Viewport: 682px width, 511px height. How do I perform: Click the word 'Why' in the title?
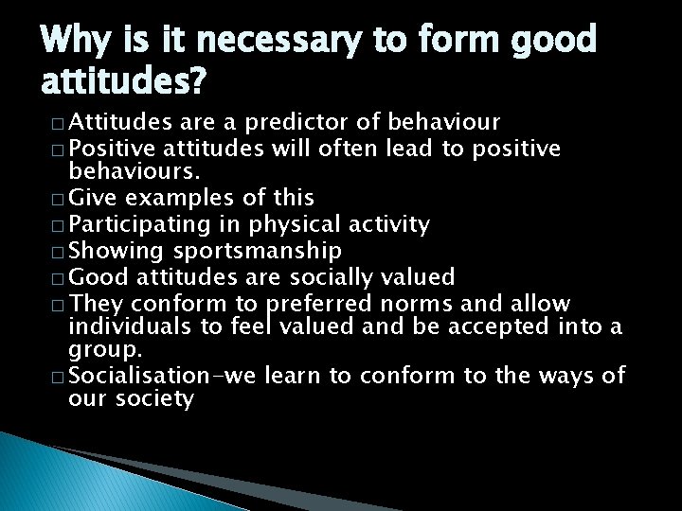tap(77, 40)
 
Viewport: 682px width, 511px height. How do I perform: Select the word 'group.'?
tap(101, 351)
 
